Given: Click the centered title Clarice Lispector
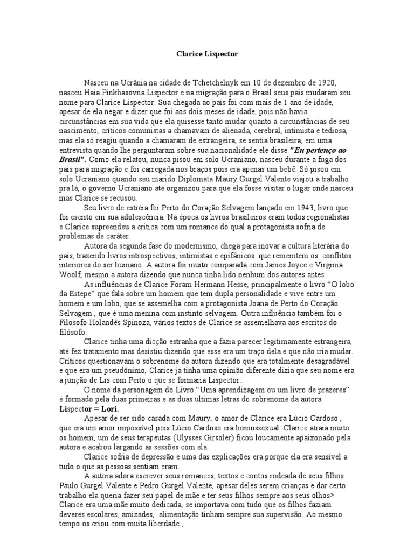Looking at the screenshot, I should [207, 54].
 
